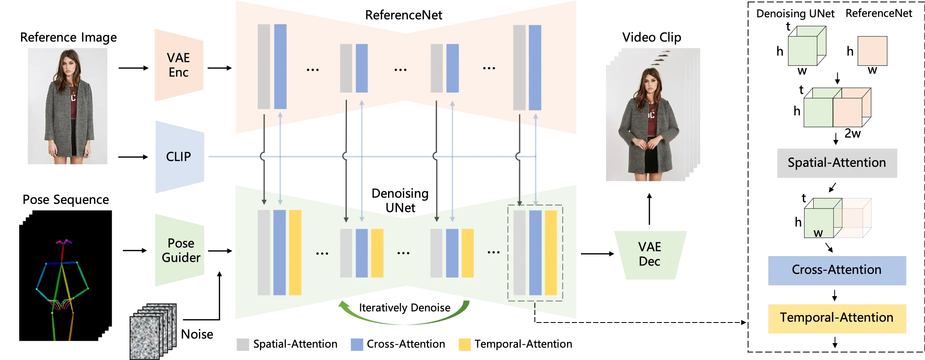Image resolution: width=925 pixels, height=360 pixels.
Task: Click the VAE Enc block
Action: [x=178, y=65]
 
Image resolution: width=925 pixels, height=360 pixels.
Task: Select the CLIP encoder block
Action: [x=179, y=157]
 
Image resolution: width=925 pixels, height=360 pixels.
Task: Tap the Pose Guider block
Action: [x=180, y=250]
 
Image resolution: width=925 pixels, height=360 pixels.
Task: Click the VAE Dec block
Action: [x=650, y=255]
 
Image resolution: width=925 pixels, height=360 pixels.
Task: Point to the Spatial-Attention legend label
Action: [x=836, y=163]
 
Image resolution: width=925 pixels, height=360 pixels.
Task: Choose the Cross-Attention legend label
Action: [x=836, y=270]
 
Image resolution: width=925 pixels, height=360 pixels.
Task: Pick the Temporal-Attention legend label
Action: [x=836, y=318]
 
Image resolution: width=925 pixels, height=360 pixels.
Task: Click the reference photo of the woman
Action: [x=68, y=105]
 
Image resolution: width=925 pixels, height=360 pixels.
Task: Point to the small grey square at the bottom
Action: [x=242, y=344]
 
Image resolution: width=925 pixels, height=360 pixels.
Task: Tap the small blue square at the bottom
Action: [x=357, y=344]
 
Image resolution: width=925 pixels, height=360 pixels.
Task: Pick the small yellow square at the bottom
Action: [x=465, y=344]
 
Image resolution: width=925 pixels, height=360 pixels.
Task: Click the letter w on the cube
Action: [x=818, y=233]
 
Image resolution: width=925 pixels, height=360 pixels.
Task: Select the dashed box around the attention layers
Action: [x=535, y=253]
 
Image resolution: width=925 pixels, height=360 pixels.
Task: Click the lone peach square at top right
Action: [x=872, y=51]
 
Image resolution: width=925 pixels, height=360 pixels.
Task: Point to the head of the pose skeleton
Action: [x=63, y=242]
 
